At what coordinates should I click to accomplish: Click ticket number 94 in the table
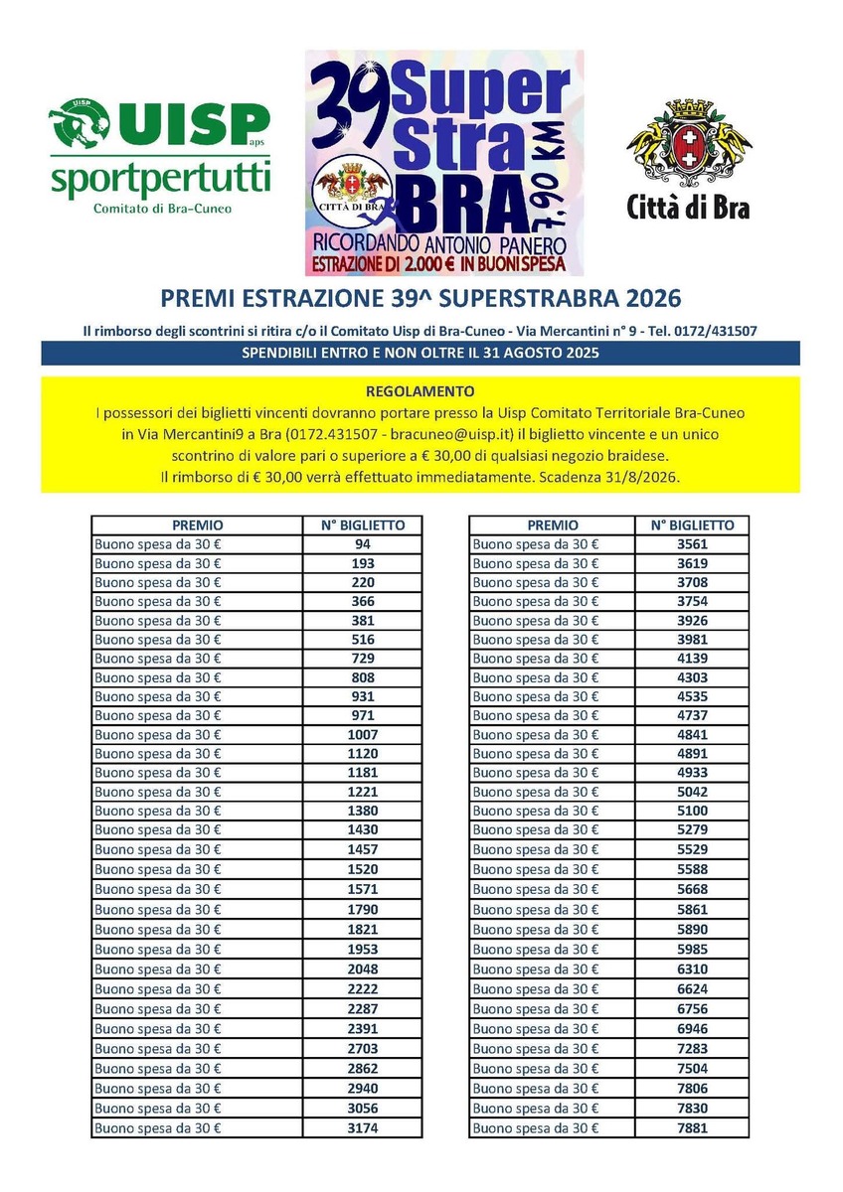pos(363,544)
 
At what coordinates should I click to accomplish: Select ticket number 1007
pos(363,735)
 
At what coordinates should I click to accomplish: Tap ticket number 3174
pos(363,1128)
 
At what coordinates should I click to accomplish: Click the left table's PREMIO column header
pos(198,525)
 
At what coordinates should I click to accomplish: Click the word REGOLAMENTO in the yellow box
pos(420,390)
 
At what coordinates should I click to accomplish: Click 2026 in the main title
pos(645,299)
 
